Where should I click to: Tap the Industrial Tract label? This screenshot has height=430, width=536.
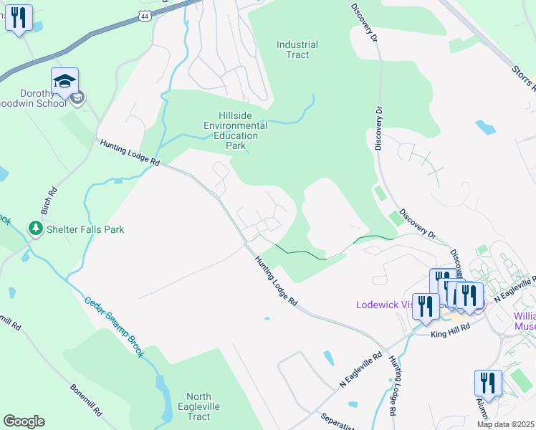pos(297,49)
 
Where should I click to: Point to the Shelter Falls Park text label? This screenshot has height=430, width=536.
pos(85,229)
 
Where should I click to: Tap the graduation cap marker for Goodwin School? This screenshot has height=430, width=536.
pos(64,82)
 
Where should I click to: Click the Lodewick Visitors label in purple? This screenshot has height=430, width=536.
pos(384,305)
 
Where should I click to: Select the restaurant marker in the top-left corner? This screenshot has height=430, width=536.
pos(19,17)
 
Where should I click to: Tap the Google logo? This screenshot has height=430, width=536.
pos(24,421)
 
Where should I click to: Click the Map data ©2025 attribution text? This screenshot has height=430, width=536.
pos(506,424)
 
